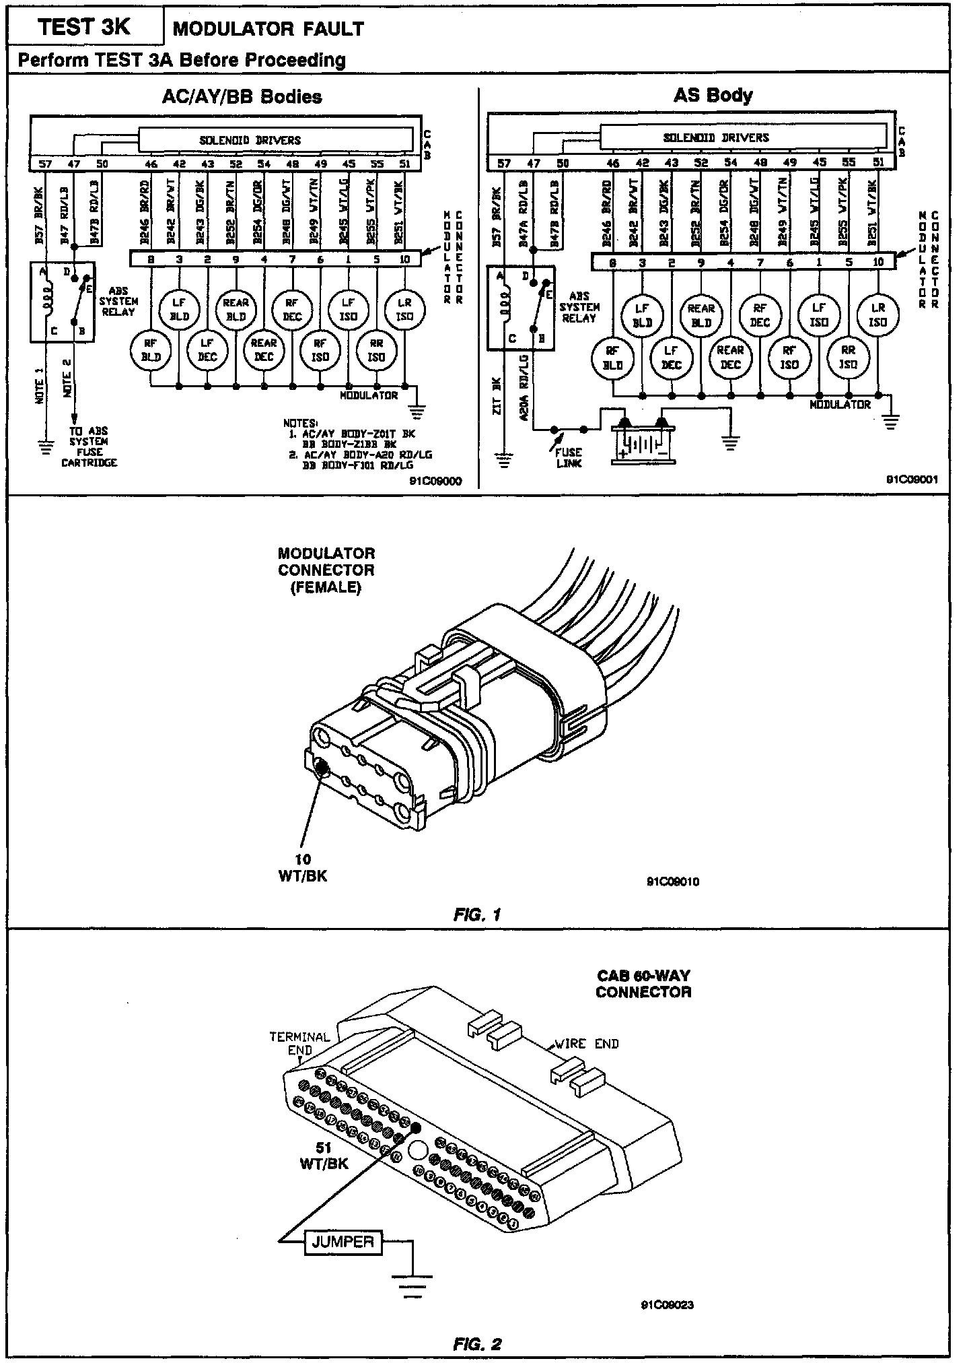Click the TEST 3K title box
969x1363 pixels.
point(84,28)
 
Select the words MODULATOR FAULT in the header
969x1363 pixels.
point(268,29)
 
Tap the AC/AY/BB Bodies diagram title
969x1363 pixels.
point(242,97)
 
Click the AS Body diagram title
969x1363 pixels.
point(713,95)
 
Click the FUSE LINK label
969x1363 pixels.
point(569,458)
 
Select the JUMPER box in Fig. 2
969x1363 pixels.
point(343,1241)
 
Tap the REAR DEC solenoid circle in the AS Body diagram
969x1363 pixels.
point(730,358)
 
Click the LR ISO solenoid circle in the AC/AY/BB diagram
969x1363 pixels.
point(404,310)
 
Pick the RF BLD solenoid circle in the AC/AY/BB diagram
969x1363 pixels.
point(151,350)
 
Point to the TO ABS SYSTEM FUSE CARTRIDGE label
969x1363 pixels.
point(89,446)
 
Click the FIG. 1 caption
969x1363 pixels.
point(477,915)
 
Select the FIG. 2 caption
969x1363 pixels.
point(477,1344)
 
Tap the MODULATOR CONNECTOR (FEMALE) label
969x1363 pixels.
point(326,570)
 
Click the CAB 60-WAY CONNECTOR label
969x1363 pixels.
point(643,983)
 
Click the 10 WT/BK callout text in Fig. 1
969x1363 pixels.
point(302,867)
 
